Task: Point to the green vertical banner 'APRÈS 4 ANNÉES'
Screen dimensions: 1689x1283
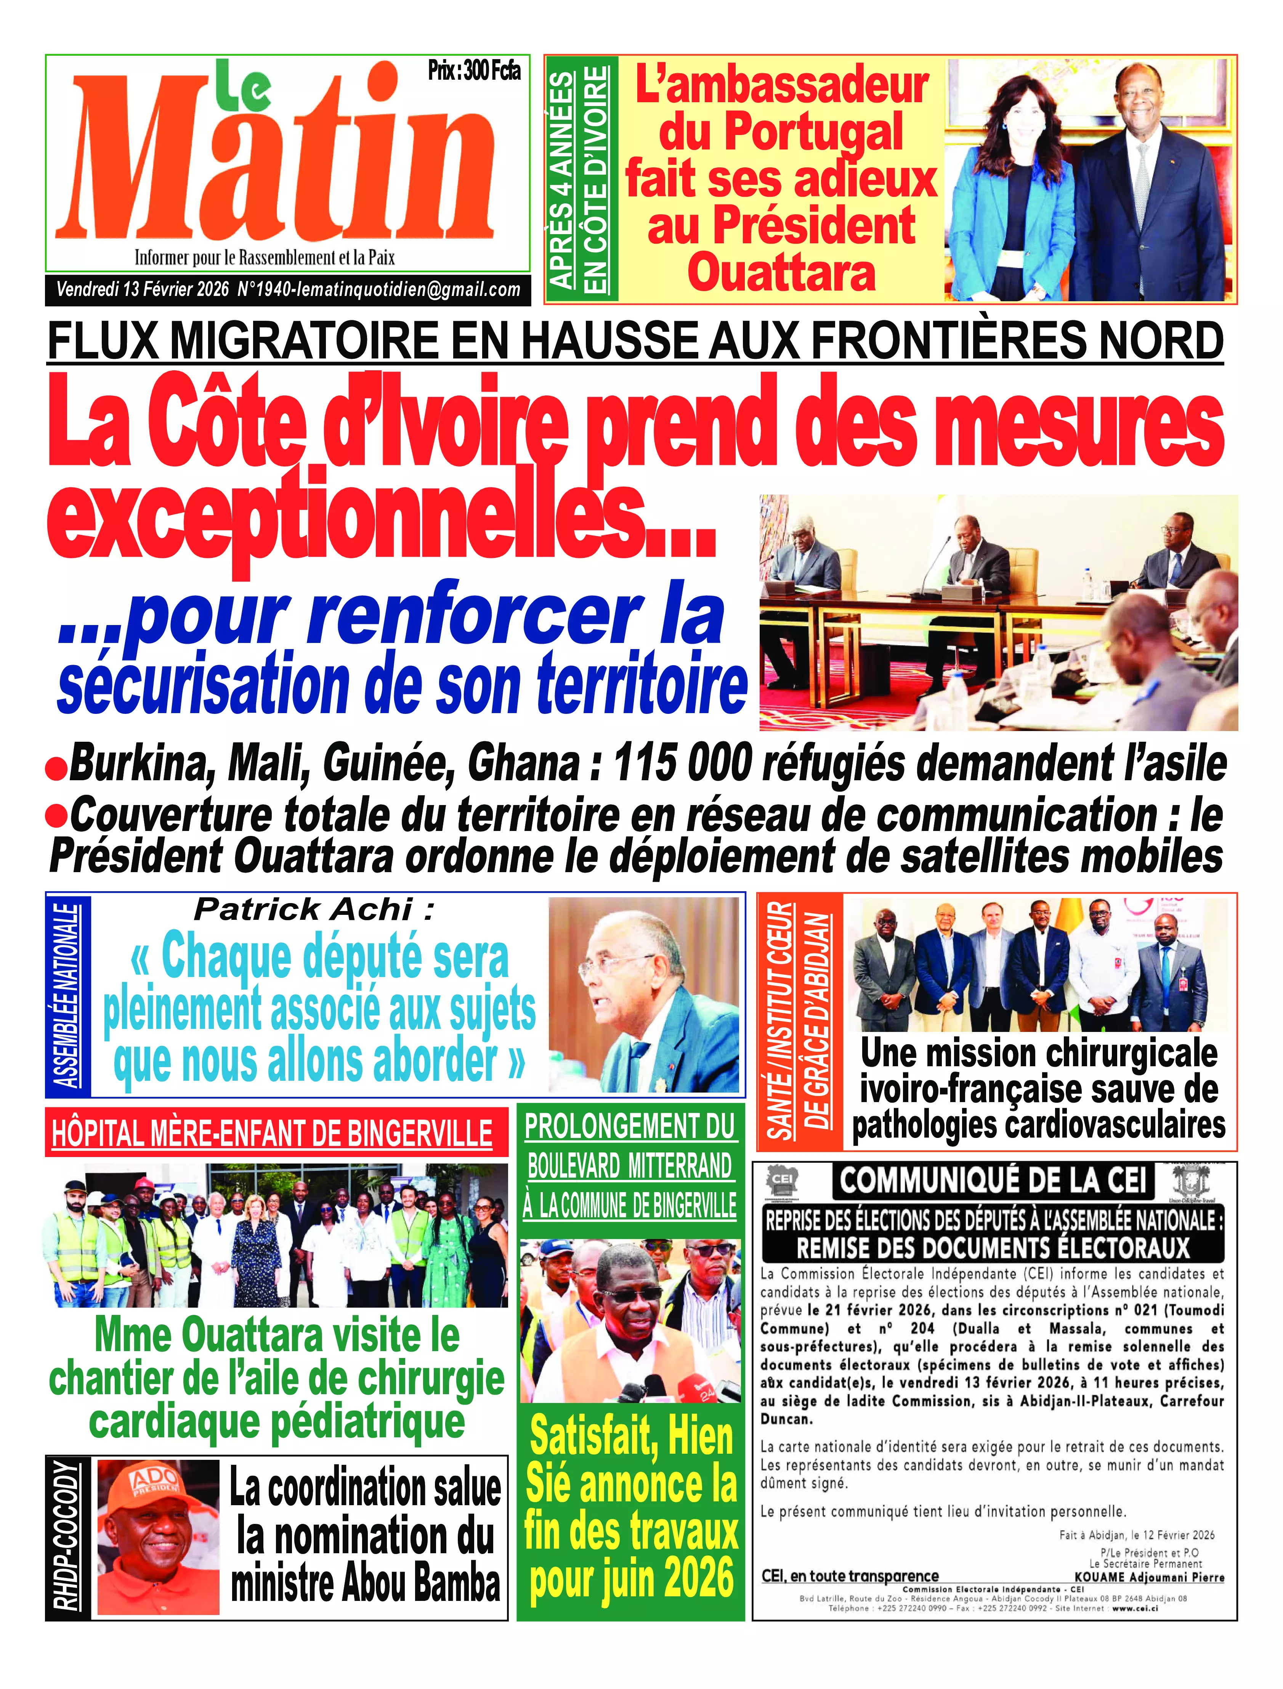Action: (x=563, y=180)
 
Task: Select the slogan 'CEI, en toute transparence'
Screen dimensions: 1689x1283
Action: (x=850, y=1576)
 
